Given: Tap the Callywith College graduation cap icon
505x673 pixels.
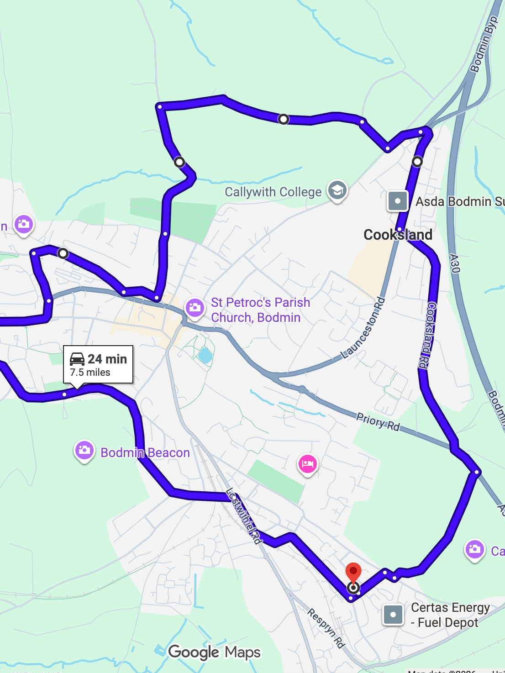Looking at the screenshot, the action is pos(337,189).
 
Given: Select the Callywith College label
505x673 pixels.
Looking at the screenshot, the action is pos(273,192).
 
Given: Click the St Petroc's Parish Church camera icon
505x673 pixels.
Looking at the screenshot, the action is pos(195,307).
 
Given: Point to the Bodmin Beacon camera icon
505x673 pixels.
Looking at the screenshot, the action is pos(84,451).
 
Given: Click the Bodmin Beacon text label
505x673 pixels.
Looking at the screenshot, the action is pos(145,452).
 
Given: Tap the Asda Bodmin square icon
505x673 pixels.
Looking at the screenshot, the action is pos(397,201).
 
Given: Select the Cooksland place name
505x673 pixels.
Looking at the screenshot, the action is pos(398,235).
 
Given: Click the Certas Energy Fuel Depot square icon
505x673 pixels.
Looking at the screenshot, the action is pos(393,615).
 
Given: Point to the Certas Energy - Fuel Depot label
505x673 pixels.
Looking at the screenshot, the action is pos(450,615).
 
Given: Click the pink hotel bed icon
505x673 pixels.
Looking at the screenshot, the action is pos(308,464).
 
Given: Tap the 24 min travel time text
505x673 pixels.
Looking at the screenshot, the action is pos(107,359).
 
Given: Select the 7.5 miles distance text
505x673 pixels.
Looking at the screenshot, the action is pos(90,373).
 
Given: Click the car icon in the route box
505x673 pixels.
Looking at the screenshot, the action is pos(77,359).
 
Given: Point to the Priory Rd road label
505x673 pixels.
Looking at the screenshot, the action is pos(378,422).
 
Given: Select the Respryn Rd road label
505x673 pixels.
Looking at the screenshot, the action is pos(326,628).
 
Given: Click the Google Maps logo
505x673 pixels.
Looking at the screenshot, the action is pos(214,652).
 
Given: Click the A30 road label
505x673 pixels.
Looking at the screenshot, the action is pos(454,263).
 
